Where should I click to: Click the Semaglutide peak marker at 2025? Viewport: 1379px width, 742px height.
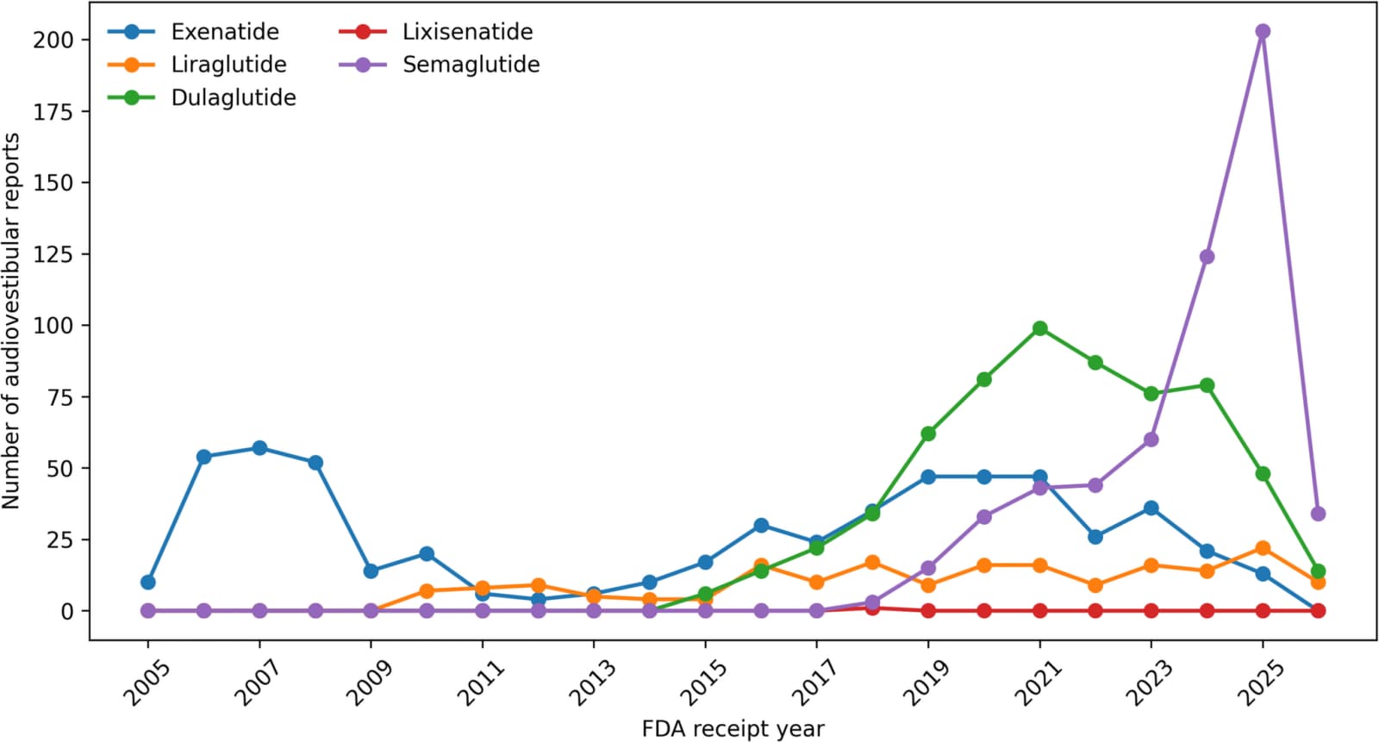pyautogui.click(x=1263, y=31)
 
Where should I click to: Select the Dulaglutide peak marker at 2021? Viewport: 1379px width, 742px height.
pyautogui.click(x=1039, y=328)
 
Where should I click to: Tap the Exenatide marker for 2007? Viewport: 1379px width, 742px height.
pyautogui.click(x=259, y=447)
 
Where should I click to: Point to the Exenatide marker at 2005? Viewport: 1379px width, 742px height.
pyautogui.click(x=147, y=582)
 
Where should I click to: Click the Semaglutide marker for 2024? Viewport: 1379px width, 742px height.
pyautogui.click(x=1207, y=256)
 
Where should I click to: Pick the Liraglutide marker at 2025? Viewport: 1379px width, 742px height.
pyautogui.click(x=1263, y=548)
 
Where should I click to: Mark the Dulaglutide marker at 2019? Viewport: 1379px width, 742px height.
pyautogui.click(x=928, y=433)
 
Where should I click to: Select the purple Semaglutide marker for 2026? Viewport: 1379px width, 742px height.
pyautogui.click(x=1318, y=514)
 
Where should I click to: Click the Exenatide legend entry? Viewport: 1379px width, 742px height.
pyautogui.click(x=193, y=31)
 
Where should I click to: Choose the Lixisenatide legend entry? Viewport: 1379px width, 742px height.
pyautogui.click(x=436, y=31)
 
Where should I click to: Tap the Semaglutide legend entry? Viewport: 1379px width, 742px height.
pyautogui.click(x=440, y=64)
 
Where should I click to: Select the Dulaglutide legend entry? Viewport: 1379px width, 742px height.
pyautogui.click(x=202, y=97)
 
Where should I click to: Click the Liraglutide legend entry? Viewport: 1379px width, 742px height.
pyautogui.click(x=197, y=64)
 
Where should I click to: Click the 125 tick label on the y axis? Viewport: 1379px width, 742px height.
pyautogui.click(x=53, y=254)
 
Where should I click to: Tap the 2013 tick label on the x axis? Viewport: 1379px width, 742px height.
pyautogui.click(x=592, y=683)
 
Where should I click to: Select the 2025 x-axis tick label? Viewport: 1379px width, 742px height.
pyautogui.click(x=1262, y=683)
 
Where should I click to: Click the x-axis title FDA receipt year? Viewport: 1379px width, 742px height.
pyautogui.click(x=733, y=729)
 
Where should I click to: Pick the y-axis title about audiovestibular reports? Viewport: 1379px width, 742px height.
pyautogui.click(x=11, y=321)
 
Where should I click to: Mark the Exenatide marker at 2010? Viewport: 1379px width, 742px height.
pyautogui.click(x=427, y=553)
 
